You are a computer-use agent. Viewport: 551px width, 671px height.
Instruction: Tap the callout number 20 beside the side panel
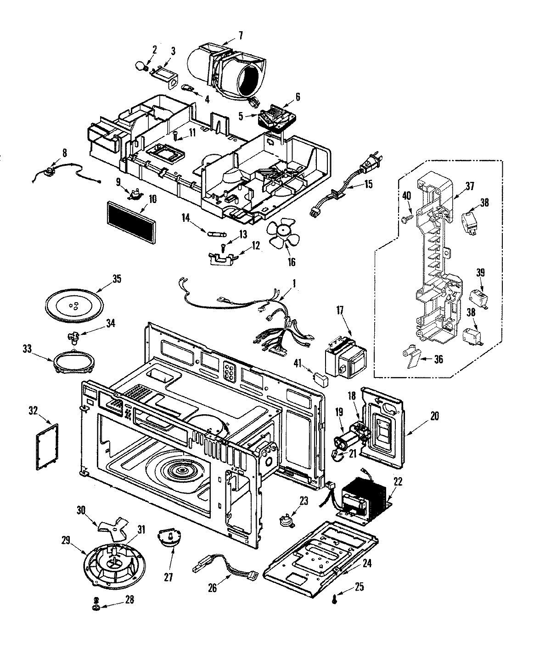tap(435, 416)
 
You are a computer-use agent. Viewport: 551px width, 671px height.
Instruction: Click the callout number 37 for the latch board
tap(469, 186)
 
